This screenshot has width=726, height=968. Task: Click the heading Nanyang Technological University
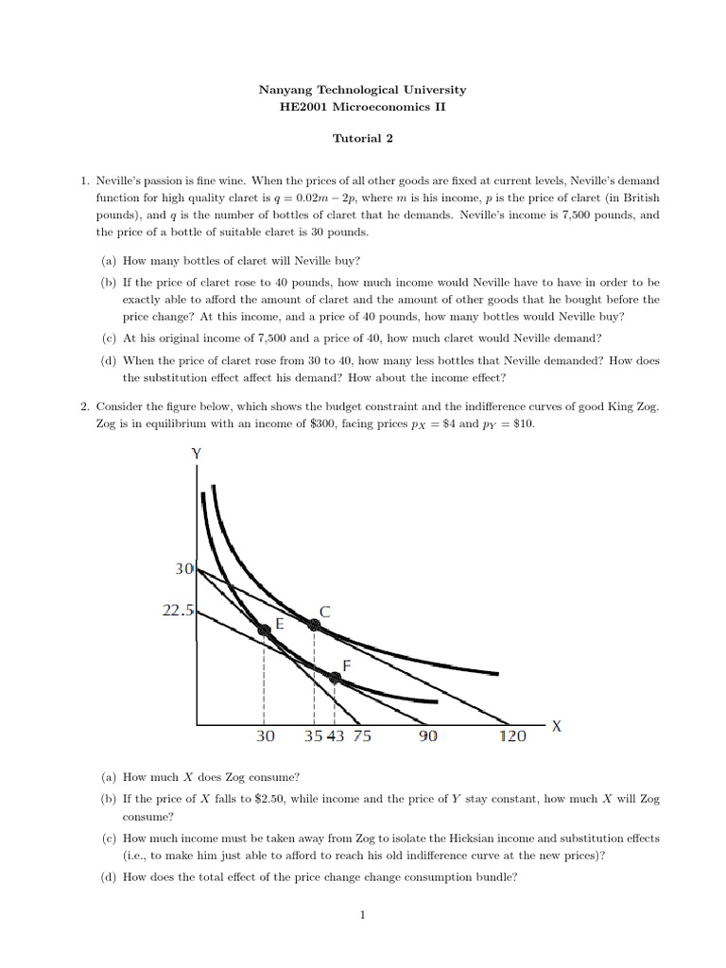[362, 90]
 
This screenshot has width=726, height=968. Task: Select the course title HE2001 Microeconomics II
[362, 108]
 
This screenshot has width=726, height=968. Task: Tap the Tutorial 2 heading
[362, 138]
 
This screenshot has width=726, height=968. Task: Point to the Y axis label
[197, 453]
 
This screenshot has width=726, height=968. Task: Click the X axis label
[557, 727]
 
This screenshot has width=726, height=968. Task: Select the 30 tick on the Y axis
[183, 570]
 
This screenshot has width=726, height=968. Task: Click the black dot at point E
[265, 630]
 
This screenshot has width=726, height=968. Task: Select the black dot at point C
[314, 623]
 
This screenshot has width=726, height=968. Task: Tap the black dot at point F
[335, 677]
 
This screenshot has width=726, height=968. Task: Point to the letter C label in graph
[325, 612]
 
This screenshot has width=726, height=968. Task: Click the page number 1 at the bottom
[363, 914]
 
